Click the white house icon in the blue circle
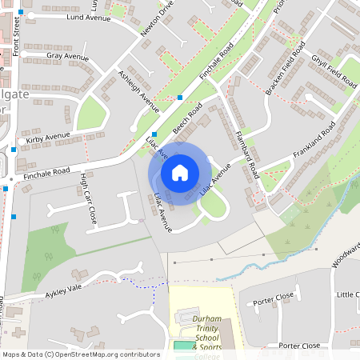tap(180, 172)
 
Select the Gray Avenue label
tap(67, 58)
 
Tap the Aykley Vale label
tap(64, 289)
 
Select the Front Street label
tap(16, 35)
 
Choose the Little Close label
tap(347, 295)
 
